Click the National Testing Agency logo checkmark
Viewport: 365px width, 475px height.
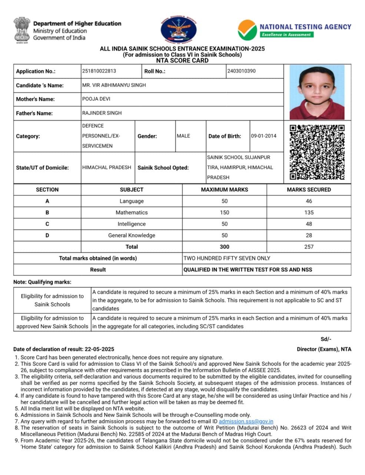click(247, 30)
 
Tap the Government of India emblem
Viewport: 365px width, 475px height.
click(22, 29)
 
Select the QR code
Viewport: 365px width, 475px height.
click(317, 152)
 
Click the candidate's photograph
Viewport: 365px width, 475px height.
click(317, 92)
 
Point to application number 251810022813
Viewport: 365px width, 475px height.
click(99, 71)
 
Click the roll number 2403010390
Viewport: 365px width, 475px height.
click(242, 71)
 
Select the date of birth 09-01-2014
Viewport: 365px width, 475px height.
click(263, 136)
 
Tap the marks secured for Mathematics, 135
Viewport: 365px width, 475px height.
click(309, 213)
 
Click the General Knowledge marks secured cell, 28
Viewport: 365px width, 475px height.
click(309, 235)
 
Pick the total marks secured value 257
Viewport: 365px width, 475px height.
click(309, 247)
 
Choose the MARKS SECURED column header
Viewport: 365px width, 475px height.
click(309, 190)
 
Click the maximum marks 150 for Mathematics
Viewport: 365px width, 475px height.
click(224, 213)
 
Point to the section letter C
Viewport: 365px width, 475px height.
click(47, 224)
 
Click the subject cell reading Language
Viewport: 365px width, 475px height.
click(132, 201)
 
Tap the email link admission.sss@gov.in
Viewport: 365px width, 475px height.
click(246, 421)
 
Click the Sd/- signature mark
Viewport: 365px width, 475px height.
click(326, 339)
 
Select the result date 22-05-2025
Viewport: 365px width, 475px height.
click(99, 349)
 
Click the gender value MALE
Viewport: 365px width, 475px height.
click(183, 136)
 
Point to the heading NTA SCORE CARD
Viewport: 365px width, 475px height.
click(182, 60)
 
